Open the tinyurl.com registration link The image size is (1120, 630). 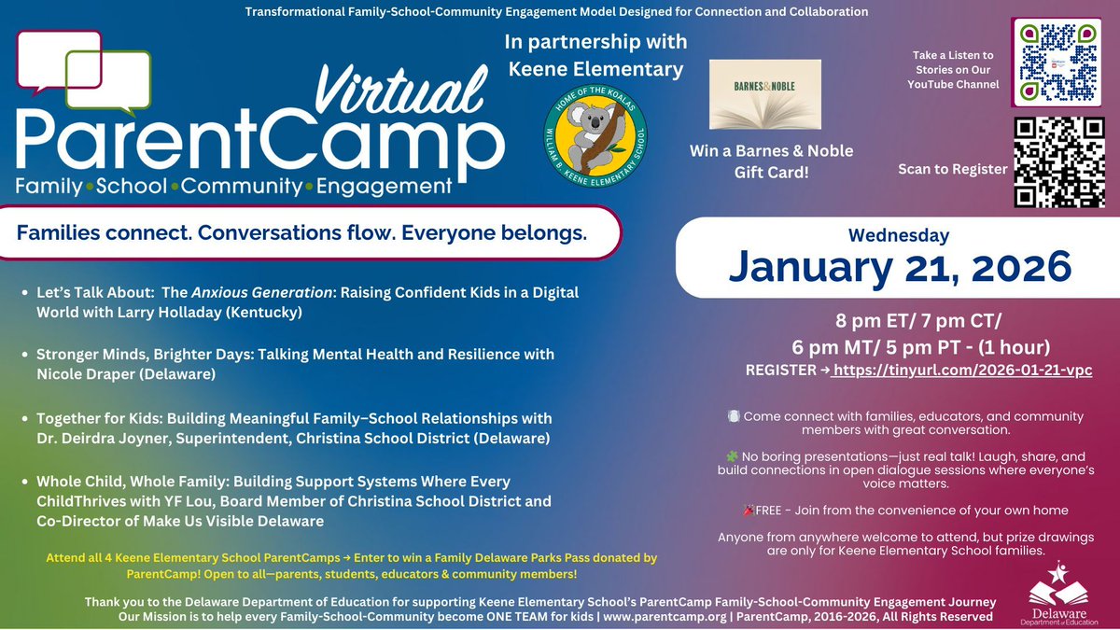click(x=962, y=370)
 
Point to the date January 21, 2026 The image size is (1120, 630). click(x=900, y=268)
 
